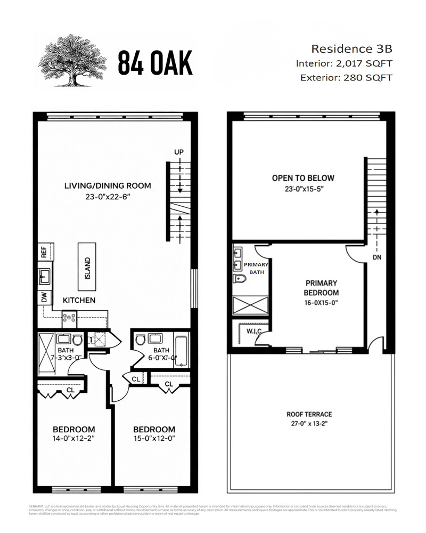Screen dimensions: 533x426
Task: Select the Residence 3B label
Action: pyautogui.click(x=351, y=49)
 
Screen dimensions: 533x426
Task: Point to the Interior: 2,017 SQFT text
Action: pyautogui.click(x=344, y=63)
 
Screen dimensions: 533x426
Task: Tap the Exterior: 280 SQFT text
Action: pyautogui.click(x=346, y=78)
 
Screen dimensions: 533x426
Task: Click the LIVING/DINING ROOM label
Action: pyautogui.click(x=108, y=186)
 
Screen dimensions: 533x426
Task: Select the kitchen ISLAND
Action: pyautogui.click(x=88, y=264)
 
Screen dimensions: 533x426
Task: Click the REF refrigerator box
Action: pyautogui.click(x=44, y=252)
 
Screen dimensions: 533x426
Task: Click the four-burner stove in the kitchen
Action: pyautogui.click(x=70, y=318)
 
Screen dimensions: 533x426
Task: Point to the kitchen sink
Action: pyautogui.click(x=45, y=276)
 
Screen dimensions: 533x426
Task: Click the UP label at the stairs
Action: pyautogui.click(x=178, y=152)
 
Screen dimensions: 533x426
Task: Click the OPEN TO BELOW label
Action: pyautogui.click(x=303, y=178)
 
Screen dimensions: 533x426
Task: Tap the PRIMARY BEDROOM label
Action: pyautogui.click(x=322, y=288)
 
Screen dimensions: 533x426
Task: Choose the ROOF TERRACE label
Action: pyautogui.click(x=309, y=414)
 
